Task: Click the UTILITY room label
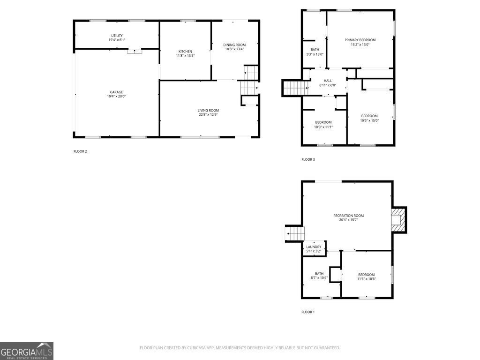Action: [117, 36]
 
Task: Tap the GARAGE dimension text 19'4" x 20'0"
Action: [117, 97]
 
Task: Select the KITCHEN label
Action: [185, 52]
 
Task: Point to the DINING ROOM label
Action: [234, 45]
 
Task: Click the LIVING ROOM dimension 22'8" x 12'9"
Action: [208, 115]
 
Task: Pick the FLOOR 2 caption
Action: [80, 151]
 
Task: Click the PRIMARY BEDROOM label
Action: [360, 40]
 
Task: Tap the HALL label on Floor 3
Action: [328, 81]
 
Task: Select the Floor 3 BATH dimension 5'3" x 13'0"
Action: [315, 54]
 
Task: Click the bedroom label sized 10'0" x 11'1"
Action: [323, 122]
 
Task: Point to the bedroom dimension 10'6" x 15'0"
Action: [369, 120]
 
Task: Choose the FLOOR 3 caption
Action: [308, 160]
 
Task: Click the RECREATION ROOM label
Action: [348, 216]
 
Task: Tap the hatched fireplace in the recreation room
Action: [398, 220]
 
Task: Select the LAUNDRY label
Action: [314, 247]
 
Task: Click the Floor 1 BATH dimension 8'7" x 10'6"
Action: [319, 278]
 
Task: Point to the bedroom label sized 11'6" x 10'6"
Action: [366, 275]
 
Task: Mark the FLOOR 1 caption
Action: [308, 312]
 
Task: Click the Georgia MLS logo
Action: [27, 351]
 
